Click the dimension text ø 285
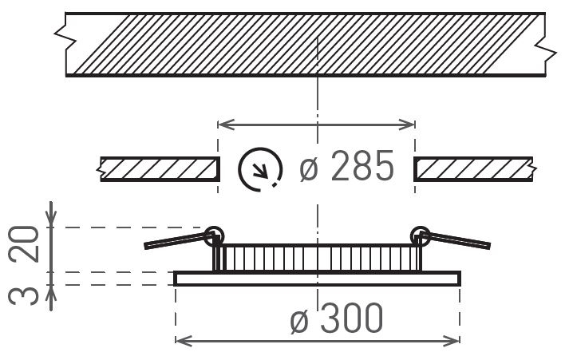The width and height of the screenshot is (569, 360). tap(346, 166)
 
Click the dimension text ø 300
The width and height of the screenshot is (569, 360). tap(337, 318)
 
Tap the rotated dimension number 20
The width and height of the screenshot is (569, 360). tap(24, 244)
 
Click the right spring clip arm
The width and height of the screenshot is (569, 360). tap(456, 240)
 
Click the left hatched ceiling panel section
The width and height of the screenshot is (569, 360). tap(160, 169)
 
